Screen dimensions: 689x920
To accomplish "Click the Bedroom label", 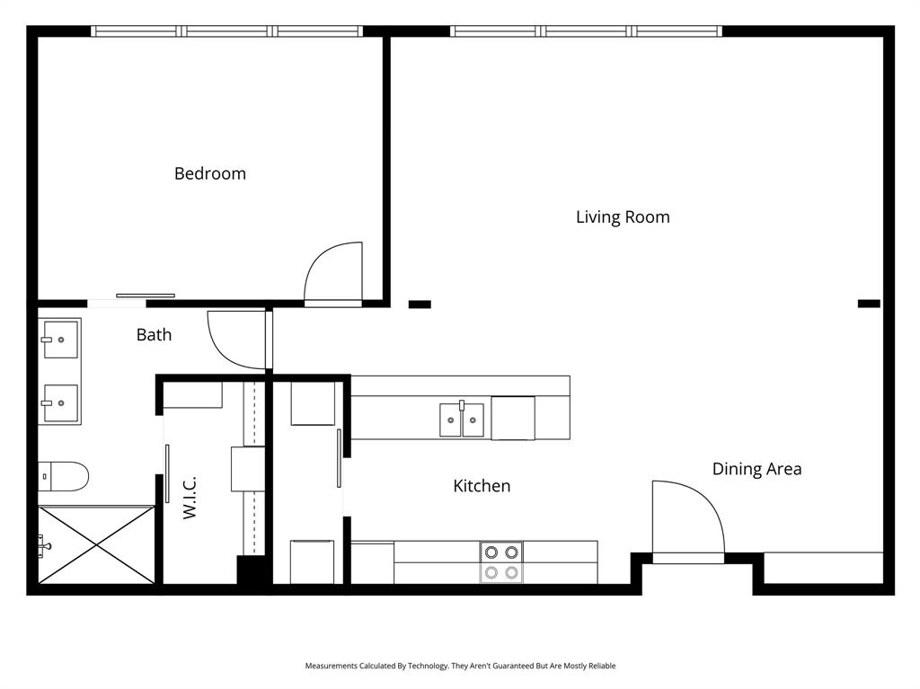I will click(x=210, y=173).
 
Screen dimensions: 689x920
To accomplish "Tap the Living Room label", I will click(x=623, y=216).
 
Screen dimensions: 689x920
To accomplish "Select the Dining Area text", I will click(x=756, y=469).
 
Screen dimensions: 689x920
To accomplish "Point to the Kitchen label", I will click(x=482, y=486).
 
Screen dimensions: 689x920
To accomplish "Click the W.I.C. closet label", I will click(x=190, y=498).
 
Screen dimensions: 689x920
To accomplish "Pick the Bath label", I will click(x=154, y=335).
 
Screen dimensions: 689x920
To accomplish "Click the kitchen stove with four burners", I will click(x=501, y=562).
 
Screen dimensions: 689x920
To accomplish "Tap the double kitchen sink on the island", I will click(x=462, y=420).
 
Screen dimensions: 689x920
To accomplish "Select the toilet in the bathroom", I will click(x=63, y=476).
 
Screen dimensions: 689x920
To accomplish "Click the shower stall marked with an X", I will click(x=97, y=544).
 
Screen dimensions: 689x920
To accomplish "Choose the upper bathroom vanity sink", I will click(x=60, y=340).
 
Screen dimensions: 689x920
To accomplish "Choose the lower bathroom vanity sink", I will click(x=60, y=403).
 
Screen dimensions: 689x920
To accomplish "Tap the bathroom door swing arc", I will click(x=236, y=340).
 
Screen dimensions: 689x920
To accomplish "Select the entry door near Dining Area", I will click(x=688, y=521).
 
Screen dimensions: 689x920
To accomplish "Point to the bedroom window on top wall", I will click(x=226, y=31).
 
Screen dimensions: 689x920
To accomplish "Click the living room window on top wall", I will click(x=587, y=31).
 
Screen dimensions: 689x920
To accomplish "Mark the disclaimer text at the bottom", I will click(x=460, y=666).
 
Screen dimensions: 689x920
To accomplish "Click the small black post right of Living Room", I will click(x=869, y=304).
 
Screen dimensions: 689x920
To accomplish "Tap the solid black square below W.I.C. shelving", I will click(x=251, y=572).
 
